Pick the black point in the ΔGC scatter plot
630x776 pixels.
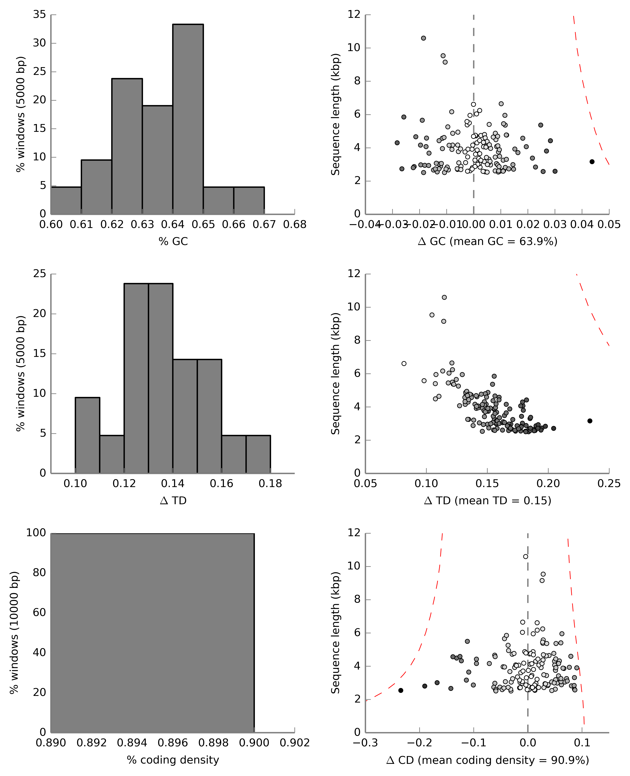pos(592,162)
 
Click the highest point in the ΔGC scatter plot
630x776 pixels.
pos(423,38)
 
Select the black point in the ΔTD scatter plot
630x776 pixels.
pos(590,421)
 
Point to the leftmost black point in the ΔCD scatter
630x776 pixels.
pos(401,690)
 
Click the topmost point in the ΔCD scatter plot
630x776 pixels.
pos(525,556)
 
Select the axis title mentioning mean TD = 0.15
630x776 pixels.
pos(487,501)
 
